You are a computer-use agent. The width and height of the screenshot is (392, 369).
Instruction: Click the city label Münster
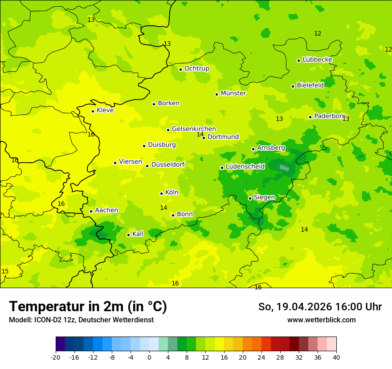233,93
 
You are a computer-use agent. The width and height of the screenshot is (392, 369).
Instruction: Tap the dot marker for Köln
161,193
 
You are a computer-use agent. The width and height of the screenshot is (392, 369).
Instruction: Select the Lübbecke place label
317,60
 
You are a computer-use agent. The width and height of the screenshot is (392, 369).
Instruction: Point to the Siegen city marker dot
250,198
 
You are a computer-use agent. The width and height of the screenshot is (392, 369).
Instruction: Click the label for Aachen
106,210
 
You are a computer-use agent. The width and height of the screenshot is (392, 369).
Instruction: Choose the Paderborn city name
330,116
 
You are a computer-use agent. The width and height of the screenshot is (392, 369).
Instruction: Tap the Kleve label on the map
105,110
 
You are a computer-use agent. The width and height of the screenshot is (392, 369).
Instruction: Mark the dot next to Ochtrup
180,69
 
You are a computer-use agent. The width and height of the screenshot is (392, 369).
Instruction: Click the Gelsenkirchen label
194,129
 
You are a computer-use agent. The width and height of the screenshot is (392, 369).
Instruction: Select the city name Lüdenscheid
245,167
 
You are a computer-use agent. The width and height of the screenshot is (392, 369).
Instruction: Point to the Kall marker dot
128,235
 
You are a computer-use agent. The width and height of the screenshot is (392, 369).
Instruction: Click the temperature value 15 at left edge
5,272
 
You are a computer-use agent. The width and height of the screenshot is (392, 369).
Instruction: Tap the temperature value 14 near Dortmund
200,134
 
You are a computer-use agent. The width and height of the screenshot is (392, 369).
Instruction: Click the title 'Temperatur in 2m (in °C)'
88,307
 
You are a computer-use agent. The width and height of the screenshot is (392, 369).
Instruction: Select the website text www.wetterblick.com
321,320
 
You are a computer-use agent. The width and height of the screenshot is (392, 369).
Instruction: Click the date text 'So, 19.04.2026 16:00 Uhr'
320,307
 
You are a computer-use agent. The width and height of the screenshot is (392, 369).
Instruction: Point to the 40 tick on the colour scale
336,357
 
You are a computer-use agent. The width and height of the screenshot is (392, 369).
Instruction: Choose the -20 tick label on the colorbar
56,357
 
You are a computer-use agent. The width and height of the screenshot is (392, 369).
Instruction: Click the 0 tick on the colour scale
149,357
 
